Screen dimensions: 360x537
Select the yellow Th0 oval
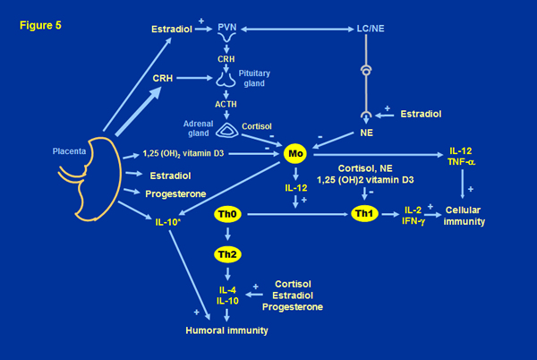(226, 215)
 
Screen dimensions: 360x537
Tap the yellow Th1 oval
(364, 215)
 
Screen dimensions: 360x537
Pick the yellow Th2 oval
(226, 255)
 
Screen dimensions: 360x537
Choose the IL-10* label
(170, 217)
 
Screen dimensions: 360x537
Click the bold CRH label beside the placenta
(162, 77)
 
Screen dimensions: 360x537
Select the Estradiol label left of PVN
(174, 29)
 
